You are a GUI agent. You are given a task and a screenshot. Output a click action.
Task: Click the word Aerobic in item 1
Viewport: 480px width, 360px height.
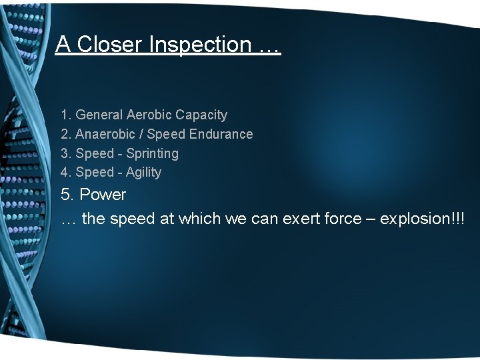[149, 115]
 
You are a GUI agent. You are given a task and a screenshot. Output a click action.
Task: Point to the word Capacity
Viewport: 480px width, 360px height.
[201, 115]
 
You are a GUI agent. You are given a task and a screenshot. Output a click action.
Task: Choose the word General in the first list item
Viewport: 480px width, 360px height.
[99, 115]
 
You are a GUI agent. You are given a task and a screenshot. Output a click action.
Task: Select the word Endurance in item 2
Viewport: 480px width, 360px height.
[221, 134]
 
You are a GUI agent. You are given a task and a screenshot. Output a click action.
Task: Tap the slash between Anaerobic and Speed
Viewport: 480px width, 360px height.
[141, 134]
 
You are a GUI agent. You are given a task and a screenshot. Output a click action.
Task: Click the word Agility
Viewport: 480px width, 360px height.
[143, 172]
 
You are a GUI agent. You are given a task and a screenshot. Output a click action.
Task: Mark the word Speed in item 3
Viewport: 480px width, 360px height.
[95, 153]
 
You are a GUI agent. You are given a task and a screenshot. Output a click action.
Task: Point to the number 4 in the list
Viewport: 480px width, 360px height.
[65, 172]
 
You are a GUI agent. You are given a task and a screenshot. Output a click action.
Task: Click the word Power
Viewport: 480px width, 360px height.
[103, 195]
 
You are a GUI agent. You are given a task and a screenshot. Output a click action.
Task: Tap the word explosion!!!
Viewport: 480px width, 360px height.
[422, 219]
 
